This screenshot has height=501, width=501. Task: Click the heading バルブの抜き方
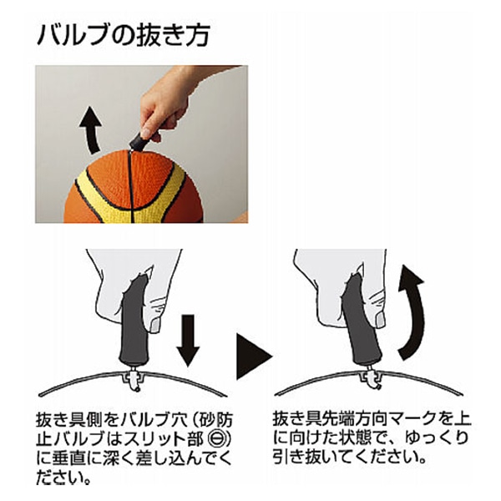pyautogui.click(x=124, y=35)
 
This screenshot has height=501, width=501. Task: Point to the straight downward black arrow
pyautogui.click(x=188, y=340)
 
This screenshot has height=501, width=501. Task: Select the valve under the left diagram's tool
pyautogui.click(x=134, y=378)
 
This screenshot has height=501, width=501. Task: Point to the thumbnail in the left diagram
pyautogui.click(x=155, y=325)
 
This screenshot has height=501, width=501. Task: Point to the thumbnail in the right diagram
pyautogui.click(x=380, y=320)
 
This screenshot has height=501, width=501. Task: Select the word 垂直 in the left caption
pyautogui.click(x=68, y=458)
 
